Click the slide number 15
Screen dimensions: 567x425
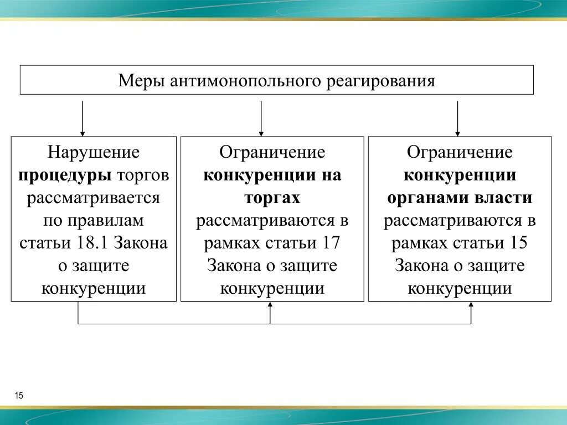[19, 395]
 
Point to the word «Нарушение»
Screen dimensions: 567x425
[94, 152]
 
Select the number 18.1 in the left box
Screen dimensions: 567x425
[98, 243]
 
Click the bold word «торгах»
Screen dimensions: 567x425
[272, 198]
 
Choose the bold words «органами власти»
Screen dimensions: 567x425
[460, 198]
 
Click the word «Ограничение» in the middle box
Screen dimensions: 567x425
[272, 152]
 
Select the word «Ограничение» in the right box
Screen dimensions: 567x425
[460, 152]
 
